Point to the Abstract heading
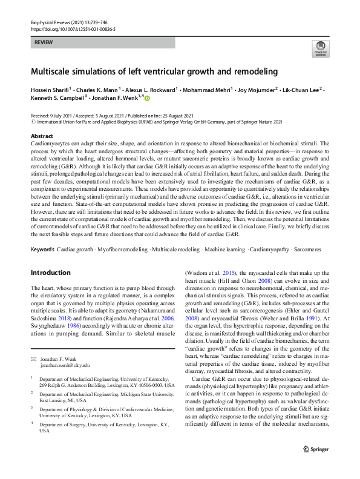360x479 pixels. (x=42, y=136)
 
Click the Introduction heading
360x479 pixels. (x=51, y=273)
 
